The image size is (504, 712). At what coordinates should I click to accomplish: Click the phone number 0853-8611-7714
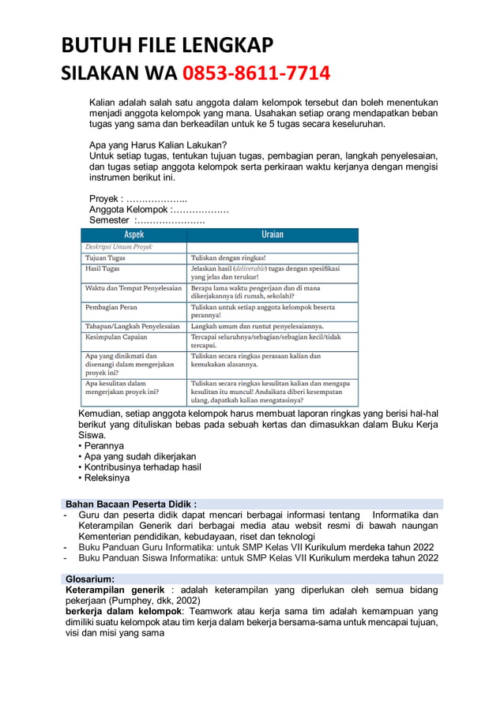[x=257, y=74]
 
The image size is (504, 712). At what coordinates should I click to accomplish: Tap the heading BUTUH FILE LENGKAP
[x=167, y=45]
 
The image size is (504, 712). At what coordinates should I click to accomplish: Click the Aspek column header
[x=134, y=234]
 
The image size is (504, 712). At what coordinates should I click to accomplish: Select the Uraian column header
[x=272, y=234]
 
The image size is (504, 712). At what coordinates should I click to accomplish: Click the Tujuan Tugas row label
[x=107, y=258]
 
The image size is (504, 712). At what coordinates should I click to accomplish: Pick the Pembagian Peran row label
[x=111, y=307]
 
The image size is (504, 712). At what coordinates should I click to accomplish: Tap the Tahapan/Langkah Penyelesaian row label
[x=132, y=325]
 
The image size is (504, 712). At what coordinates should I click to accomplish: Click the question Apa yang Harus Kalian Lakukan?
[x=158, y=144]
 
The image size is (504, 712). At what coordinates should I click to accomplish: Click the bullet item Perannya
[x=103, y=446]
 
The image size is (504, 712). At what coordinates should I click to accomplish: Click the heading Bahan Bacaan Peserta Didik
[x=131, y=504]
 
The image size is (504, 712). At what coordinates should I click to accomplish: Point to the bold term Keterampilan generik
[x=115, y=590]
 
